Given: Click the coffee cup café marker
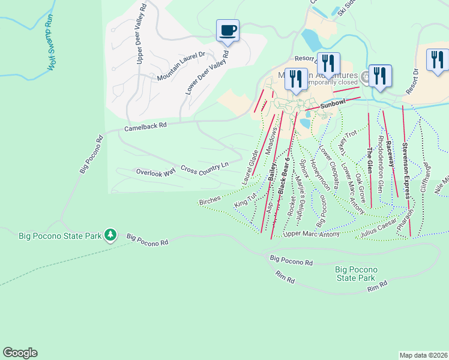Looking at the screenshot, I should pos(228,31).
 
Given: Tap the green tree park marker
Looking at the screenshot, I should pos(110,235).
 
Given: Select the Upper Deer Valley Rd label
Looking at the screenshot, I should pos(141,34).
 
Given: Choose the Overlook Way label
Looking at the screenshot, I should pos(155,172).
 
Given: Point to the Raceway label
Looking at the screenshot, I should pos(390,154).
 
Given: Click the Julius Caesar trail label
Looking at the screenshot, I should pos(379,228).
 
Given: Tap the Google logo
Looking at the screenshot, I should pos(20,353).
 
